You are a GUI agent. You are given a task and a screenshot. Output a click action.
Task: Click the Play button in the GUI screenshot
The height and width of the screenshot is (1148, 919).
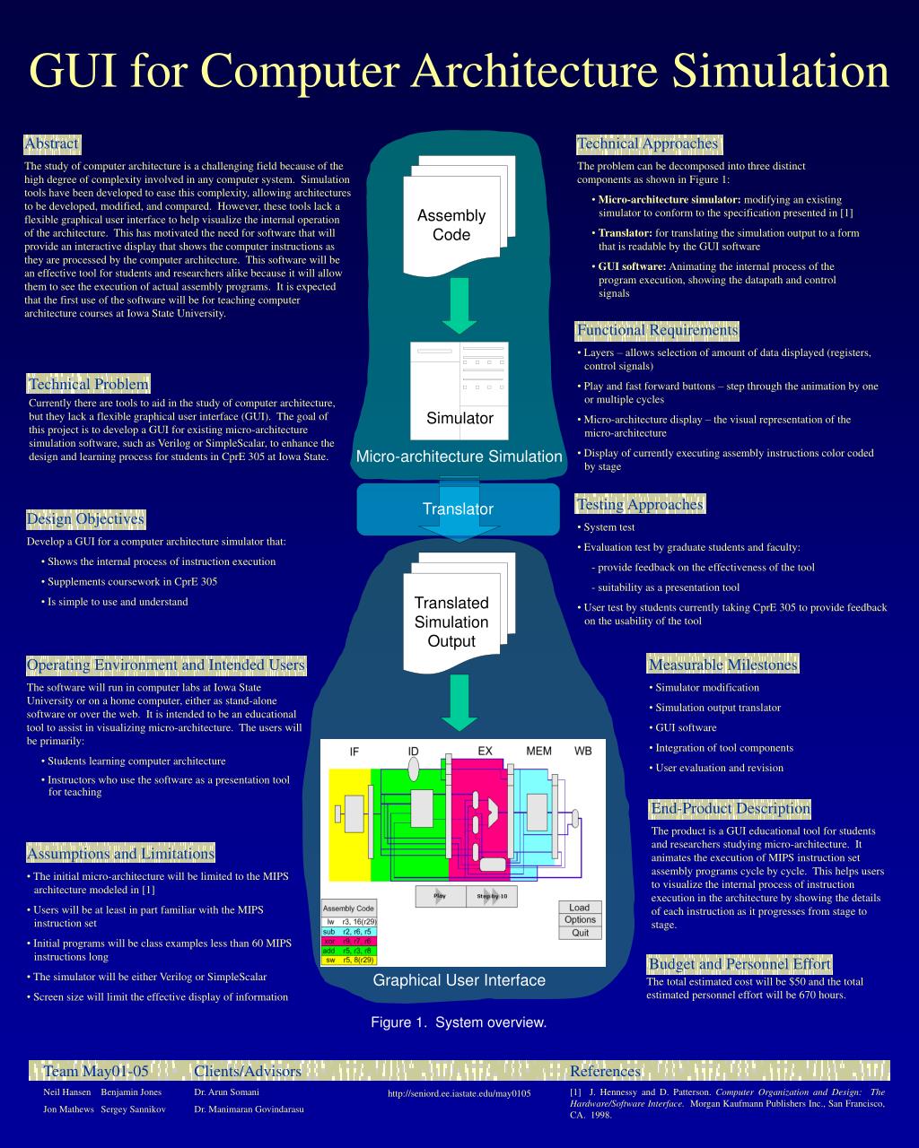(x=440, y=896)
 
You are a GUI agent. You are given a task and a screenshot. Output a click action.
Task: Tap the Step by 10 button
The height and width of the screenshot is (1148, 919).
(x=492, y=896)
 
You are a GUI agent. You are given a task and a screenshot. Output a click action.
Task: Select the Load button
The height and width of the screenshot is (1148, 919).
(x=580, y=908)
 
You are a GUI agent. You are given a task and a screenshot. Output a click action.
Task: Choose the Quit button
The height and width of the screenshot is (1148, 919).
(x=580, y=933)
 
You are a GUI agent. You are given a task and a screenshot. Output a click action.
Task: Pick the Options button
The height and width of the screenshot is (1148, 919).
(x=580, y=920)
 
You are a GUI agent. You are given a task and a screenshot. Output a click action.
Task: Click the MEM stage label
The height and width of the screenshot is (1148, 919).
(x=538, y=751)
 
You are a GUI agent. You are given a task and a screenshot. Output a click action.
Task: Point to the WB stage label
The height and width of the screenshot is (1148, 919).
(x=583, y=751)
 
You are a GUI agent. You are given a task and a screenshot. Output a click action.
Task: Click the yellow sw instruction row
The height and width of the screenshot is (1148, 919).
(x=349, y=960)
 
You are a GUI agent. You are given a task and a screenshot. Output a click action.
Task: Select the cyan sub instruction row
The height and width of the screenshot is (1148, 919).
(x=349, y=931)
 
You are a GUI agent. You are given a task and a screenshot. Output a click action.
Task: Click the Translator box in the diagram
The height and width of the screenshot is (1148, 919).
(x=459, y=509)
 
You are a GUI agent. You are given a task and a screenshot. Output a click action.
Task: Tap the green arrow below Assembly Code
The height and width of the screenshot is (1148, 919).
(x=459, y=305)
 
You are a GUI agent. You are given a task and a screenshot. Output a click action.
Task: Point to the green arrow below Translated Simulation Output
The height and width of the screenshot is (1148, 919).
(x=459, y=702)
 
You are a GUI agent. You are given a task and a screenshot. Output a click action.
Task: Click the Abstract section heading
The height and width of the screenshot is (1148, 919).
(x=52, y=143)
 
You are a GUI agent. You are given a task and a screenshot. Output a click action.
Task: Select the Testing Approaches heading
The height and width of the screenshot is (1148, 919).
(x=640, y=505)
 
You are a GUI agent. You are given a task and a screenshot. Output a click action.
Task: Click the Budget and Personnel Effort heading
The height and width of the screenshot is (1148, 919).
(x=740, y=964)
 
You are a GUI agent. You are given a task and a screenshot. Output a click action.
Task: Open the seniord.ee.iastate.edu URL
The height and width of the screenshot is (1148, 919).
(x=459, y=1093)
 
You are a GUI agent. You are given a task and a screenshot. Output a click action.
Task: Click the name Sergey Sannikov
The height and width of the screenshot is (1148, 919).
(x=134, y=1109)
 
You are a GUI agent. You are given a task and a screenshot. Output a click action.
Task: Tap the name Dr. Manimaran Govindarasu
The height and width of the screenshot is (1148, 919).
(x=249, y=1109)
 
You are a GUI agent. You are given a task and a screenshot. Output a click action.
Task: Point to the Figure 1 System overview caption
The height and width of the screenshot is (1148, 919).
(x=459, y=1022)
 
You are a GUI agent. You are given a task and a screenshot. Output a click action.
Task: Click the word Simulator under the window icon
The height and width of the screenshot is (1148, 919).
(x=459, y=418)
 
